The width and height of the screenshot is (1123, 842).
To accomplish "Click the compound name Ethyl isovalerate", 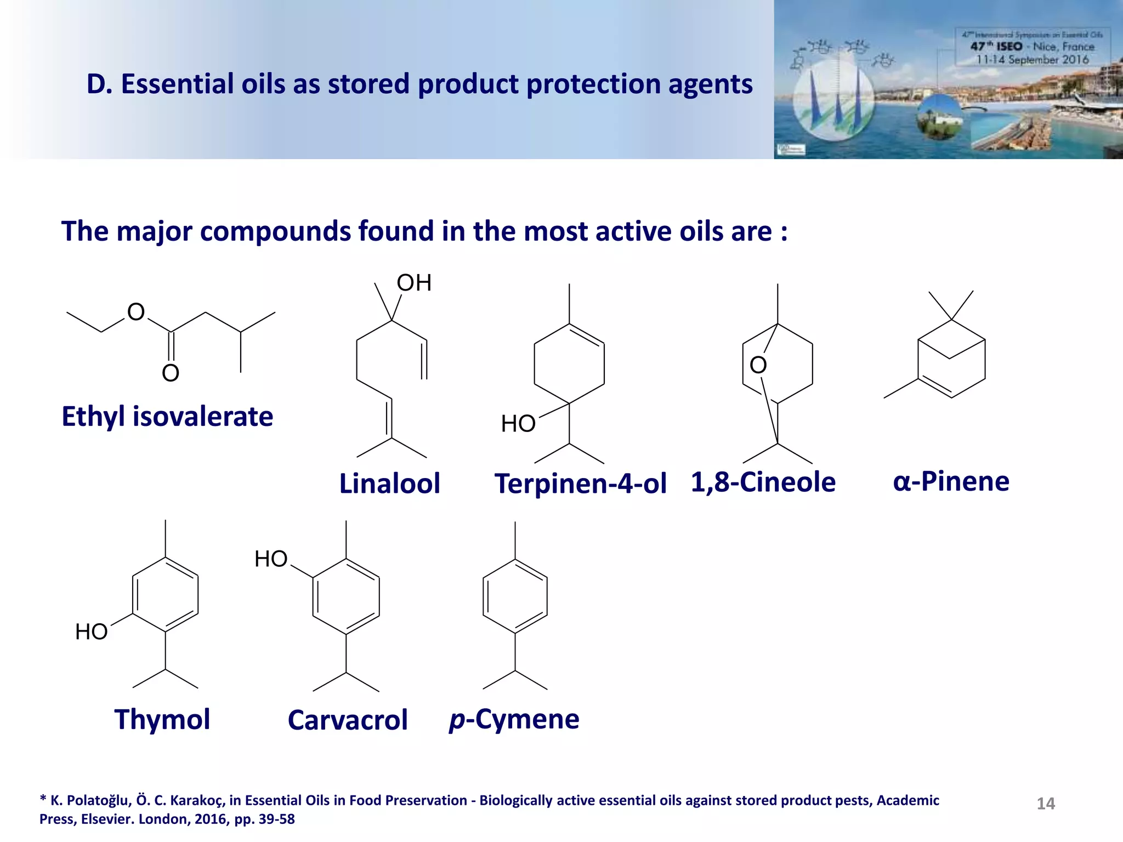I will [x=167, y=417].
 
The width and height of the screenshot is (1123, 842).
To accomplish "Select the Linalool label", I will [x=389, y=483].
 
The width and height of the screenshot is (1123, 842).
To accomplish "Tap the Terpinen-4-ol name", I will [x=580, y=483].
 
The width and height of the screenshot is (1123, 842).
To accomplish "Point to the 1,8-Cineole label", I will [x=763, y=482].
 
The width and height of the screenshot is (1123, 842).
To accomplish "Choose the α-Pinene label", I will [x=951, y=481].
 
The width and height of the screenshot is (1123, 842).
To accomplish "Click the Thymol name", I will [x=162, y=719].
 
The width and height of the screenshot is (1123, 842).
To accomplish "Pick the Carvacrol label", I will [x=348, y=720].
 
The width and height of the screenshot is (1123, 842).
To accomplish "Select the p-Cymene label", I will [x=514, y=719].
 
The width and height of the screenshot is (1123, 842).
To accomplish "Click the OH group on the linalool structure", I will [x=414, y=283].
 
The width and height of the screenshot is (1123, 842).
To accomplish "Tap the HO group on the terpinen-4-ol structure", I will [x=518, y=424].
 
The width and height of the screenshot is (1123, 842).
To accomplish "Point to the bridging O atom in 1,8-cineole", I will [x=758, y=365].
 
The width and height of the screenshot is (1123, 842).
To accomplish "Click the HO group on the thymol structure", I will [x=92, y=632].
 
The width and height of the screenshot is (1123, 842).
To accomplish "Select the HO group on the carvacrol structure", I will [x=271, y=559].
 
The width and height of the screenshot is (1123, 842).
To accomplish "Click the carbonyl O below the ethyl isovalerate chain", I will [x=171, y=373].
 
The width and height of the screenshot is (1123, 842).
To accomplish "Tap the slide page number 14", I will [x=1046, y=804].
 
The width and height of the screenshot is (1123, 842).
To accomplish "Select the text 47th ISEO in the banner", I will [x=996, y=47].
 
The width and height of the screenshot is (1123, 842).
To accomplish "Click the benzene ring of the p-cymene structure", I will [x=515, y=596].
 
